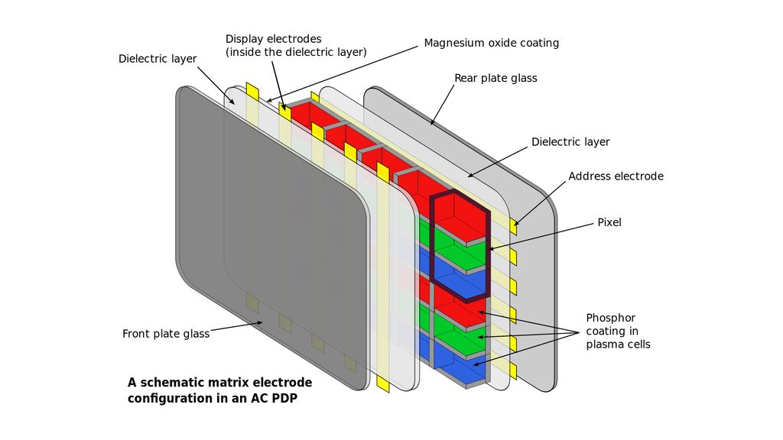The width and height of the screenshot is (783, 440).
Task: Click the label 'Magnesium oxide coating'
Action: click(x=491, y=43)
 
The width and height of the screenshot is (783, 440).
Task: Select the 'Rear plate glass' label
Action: click(x=495, y=78)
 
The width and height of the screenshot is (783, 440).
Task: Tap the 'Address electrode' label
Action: click(x=616, y=176)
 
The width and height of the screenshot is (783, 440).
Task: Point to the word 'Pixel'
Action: click(x=609, y=222)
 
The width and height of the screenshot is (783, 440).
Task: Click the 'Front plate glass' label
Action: click(x=166, y=334)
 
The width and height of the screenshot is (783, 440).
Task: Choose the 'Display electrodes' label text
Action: click(x=273, y=39)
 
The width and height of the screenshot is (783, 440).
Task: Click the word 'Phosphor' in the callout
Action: click(x=610, y=318)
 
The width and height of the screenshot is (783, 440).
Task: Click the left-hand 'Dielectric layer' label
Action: click(x=158, y=59)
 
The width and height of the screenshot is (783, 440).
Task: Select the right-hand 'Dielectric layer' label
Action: click(x=570, y=142)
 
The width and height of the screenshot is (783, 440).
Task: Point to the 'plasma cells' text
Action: click(x=618, y=345)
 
